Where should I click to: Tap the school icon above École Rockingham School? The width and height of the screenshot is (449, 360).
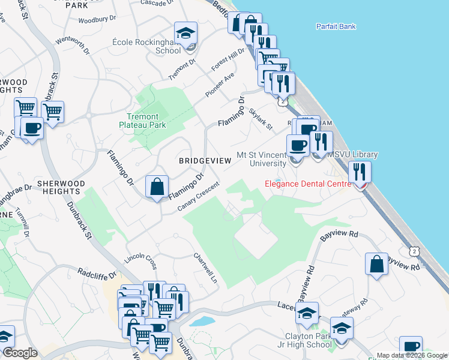(x=186, y=32)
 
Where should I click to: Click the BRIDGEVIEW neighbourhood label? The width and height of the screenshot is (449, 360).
(x=205, y=161)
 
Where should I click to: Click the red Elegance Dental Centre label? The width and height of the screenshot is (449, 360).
(x=308, y=184)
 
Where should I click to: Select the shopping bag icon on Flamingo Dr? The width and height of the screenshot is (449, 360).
(x=157, y=186)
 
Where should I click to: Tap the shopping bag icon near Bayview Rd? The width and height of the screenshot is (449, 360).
(x=376, y=265)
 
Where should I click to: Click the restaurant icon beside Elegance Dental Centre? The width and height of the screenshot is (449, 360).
(x=360, y=172)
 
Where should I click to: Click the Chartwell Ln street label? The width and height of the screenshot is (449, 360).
(x=205, y=268)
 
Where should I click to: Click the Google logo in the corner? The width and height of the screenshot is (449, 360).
(x=20, y=353)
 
